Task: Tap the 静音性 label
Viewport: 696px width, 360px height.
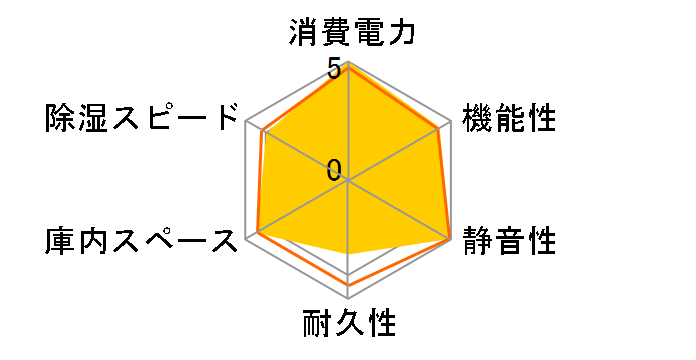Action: point(509,241)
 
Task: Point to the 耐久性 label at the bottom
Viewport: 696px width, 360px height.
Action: point(348,324)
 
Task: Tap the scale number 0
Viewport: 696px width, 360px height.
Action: point(334,170)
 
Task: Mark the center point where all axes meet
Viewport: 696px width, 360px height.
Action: point(348,181)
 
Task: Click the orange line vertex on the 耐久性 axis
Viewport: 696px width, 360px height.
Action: point(348,285)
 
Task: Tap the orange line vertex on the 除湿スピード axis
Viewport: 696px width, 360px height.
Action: point(262,131)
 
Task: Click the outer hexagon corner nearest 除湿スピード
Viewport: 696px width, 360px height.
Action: point(246,122)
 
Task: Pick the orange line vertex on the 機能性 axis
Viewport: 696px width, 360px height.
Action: point(439,129)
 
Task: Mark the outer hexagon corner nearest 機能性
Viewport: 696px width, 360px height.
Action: point(450,122)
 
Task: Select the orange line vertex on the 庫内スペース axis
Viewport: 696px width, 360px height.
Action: point(258,233)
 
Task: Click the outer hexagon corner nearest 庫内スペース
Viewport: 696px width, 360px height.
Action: point(246,240)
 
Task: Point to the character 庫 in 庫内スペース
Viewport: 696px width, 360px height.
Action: point(59,241)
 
